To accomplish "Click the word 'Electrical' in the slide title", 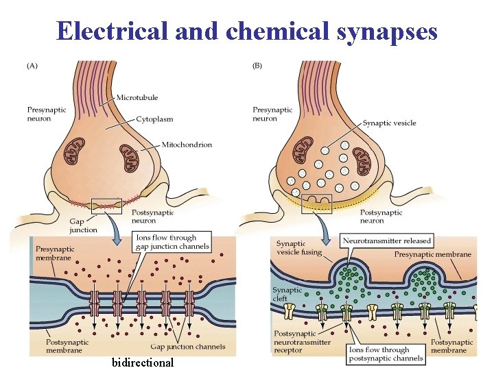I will point(110,31).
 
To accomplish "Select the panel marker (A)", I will point(33,67).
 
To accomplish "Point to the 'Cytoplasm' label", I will point(154,119).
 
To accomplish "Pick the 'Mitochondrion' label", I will point(187,145).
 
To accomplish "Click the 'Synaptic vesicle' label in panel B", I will point(389,123).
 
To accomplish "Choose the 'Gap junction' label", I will point(83,225).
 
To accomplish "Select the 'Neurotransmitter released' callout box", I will point(388,241).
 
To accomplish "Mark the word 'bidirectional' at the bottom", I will point(143,362).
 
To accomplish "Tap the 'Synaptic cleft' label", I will point(287,294).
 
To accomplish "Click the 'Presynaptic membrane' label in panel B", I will point(432,254).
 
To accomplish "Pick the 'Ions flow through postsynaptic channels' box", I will point(385,354).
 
